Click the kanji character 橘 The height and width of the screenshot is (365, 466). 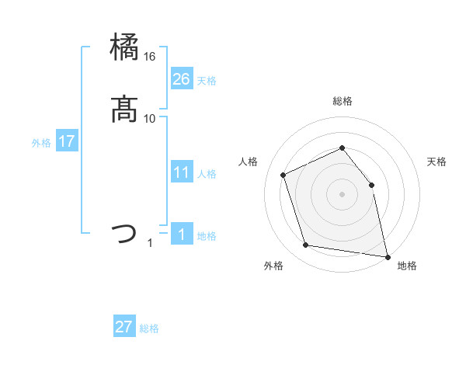tap(124, 48)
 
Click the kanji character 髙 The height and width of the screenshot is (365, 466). tap(124, 109)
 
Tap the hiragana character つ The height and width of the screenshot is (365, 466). tap(124, 234)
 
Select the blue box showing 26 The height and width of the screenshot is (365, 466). tap(181, 79)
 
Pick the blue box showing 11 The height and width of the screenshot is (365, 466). tap(181, 172)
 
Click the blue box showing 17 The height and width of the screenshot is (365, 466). tap(66, 141)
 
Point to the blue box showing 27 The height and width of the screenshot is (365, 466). tap(124, 327)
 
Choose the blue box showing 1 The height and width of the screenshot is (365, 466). tap(181, 235)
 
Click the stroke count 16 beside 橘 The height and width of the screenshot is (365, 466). tap(149, 57)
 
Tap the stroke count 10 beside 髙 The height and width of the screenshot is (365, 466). tap(149, 119)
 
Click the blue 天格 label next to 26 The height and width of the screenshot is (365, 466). tap(207, 81)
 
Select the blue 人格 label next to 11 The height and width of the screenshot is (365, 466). tap(207, 174)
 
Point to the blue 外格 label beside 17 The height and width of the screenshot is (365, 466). tap(41, 143)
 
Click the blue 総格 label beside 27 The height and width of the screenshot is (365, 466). tap(149, 328)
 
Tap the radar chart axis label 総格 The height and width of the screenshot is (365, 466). tap(342, 101)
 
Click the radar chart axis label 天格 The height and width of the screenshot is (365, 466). tap(436, 162)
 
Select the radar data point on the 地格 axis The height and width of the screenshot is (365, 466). tap(386, 255)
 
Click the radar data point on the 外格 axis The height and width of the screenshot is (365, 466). tap(306, 245)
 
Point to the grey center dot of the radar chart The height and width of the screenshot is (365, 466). tap(342, 193)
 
